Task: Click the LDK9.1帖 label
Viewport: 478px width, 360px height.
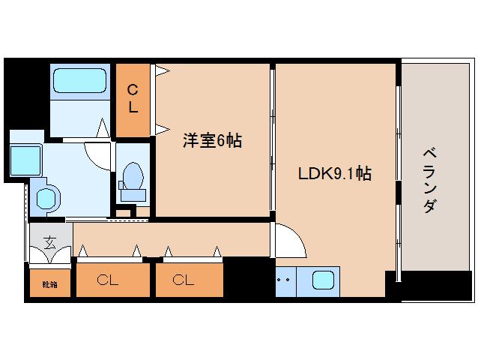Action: coord(333,173)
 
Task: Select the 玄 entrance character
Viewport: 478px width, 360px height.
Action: coord(49,241)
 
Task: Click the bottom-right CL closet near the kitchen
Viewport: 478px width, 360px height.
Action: coord(184,280)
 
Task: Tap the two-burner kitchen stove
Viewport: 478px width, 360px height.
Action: coord(285,282)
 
